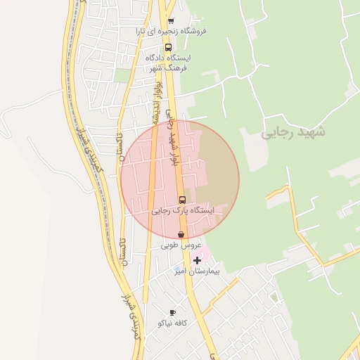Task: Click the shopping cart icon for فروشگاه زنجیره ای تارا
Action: click(x=171, y=21)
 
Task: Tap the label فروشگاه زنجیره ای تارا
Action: click(x=172, y=32)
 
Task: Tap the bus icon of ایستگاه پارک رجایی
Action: click(x=182, y=200)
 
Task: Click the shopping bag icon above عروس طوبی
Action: click(x=181, y=234)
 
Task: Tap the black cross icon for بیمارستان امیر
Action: click(x=196, y=260)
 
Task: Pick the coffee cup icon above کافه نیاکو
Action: click(x=172, y=312)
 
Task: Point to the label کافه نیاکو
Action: click(x=172, y=323)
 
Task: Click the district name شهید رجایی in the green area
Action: click(x=285, y=132)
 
